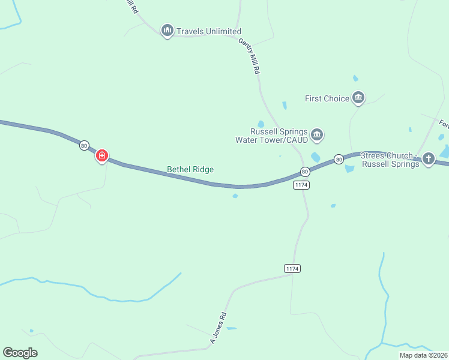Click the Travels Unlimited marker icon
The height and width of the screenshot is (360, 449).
tap(167, 30)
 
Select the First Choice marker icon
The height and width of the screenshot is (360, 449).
tap(358, 97)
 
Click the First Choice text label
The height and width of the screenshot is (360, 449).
tap(327, 98)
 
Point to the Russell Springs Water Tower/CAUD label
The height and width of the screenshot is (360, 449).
tap(272, 136)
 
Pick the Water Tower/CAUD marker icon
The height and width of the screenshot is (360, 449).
tap(318, 135)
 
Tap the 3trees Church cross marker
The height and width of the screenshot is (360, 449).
tap(429, 158)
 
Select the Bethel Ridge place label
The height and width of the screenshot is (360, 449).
tap(190, 170)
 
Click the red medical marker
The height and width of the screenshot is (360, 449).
tap(102, 156)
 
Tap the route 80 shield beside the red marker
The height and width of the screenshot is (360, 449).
tap(84, 145)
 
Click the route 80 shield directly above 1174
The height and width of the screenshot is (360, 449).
tap(305, 172)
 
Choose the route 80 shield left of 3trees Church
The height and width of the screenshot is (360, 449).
tap(339, 159)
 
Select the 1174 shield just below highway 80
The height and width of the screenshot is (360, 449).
tap(301, 185)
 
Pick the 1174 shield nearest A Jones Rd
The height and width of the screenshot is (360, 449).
tap(292, 268)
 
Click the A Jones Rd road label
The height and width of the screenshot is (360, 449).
tap(218, 328)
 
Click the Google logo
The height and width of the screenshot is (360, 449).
tap(20, 353)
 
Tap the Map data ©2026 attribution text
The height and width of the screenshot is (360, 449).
tap(423, 355)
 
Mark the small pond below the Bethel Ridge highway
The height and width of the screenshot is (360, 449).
tap(235, 195)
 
